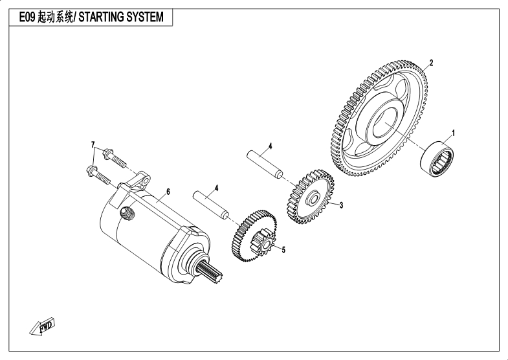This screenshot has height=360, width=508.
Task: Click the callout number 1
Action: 453,133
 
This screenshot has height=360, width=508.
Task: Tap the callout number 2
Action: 431,63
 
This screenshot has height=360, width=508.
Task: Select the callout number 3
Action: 341,205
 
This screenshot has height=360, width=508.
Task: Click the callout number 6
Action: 168,192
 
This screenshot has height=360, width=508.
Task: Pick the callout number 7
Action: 93,143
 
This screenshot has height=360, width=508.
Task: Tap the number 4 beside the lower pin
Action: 216,188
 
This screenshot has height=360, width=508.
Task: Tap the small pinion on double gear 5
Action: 267,244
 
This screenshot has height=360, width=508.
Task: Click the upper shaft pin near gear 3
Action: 265,164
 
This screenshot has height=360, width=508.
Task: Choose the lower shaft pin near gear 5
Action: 211,203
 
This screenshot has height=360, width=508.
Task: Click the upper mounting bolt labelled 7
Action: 113,156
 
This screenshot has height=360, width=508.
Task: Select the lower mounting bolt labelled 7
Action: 98,173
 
